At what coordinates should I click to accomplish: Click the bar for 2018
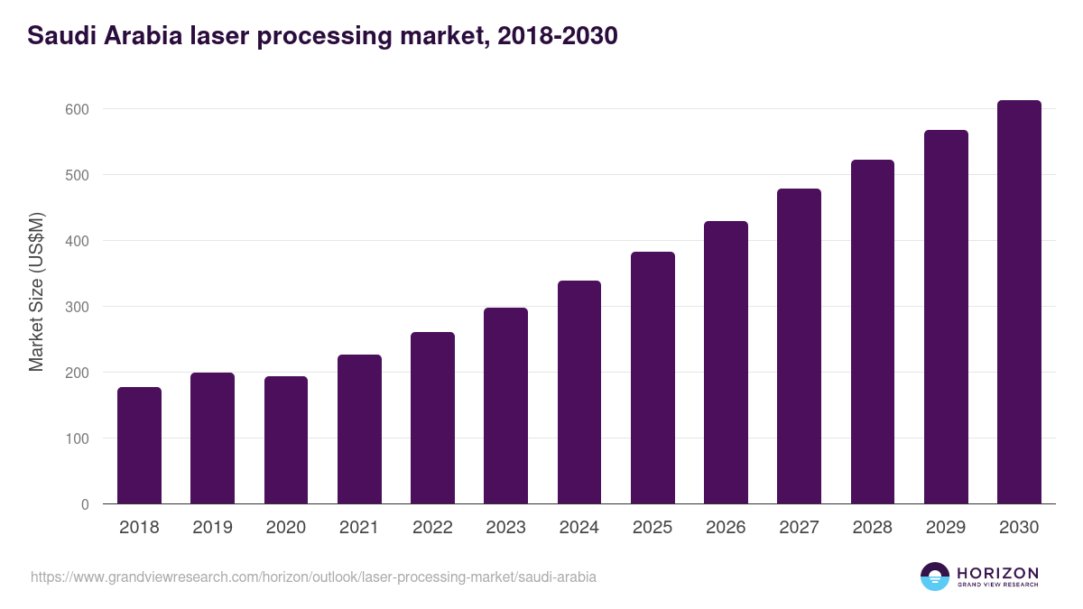pyautogui.click(x=139, y=446)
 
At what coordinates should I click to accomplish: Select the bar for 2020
pyautogui.click(x=286, y=440)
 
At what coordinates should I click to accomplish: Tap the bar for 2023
pyautogui.click(x=505, y=406)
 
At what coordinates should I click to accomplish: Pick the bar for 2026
pyautogui.click(x=726, y=363)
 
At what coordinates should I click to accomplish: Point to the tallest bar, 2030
pyautogui.click(x=1019, y=302)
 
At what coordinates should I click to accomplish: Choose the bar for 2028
pyautogui.click(x=872, y=332)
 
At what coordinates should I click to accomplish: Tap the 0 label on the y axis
pyautogui.click(x=84, y=504)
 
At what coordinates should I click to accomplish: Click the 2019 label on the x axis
pyautogui.click(x=212, y=528)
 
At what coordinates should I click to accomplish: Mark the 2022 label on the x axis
pyautogui.click(x=432, y=528)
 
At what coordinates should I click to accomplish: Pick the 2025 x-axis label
pyautogui.click(x=653, y=528)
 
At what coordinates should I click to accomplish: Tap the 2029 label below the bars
pyautogui.click(x=946, y=528)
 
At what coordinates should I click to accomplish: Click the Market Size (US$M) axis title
pyautogui.click(x=36, y=292)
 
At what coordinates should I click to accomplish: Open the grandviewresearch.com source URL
pyautogui.click(x=313, y=577)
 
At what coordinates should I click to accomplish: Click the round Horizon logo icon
pyautogui.click(x=935, y=577)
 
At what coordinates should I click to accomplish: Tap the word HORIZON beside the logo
pyautogui.click(x=997, y=573)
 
